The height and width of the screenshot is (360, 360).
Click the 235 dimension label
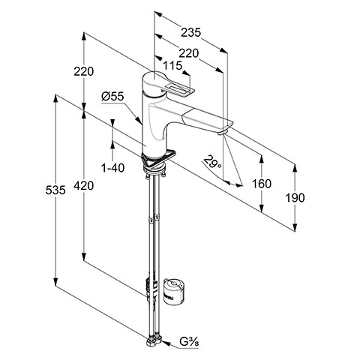tap(191, 32)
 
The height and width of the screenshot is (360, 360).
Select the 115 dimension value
tap(172, 66)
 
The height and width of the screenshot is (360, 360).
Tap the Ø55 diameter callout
tap(112, 96)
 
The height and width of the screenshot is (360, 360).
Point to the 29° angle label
tap(212, 163)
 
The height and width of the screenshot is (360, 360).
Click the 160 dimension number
tap(262, 184)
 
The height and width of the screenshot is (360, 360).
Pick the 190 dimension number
tap(295, 198)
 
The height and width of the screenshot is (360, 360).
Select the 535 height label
tap(55, 190)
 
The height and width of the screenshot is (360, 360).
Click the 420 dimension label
tap(84, 186)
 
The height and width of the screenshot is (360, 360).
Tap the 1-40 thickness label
tap(112, 168)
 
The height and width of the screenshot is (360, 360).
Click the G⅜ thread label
tap(189, 341)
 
